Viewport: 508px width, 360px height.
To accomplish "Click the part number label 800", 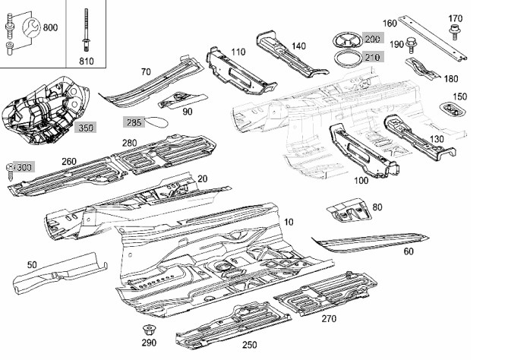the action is click(x=50, y=27).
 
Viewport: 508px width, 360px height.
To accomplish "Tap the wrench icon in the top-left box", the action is click(x=31, y=27).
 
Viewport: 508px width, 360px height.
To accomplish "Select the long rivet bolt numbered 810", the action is click(x=86, y=30).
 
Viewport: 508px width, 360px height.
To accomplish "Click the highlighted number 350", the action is click(x=86, y=128).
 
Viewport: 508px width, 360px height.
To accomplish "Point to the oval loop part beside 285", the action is click(x=156, y=122).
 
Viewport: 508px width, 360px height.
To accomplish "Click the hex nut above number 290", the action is click(x=148, y=330).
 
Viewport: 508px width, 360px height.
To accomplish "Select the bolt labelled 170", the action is click(x=455, y=32).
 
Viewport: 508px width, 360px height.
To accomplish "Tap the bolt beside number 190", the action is click(x=411, y=45).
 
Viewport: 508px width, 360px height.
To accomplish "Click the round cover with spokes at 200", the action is click(x=348, y=40).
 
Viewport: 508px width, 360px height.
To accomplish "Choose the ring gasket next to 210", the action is click(x=348, y=58).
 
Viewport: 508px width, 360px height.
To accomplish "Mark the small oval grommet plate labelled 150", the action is click(x=453, y=109).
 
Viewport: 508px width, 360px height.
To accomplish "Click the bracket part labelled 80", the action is click(x=349, y=210).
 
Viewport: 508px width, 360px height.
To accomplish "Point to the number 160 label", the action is click(x=390, y=24).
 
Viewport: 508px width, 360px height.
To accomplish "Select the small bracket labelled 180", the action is click(x=422, y=68).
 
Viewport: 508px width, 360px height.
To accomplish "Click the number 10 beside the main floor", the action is click(x=289, y=222).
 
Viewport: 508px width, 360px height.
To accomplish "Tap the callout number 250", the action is click(x=250, y=345).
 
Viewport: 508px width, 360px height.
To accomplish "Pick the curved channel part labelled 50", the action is click(x=60, y=273).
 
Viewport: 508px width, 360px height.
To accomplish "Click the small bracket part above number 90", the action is click(x=182, y=100).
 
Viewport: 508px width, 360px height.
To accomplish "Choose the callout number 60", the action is click(x=409, y=251).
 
